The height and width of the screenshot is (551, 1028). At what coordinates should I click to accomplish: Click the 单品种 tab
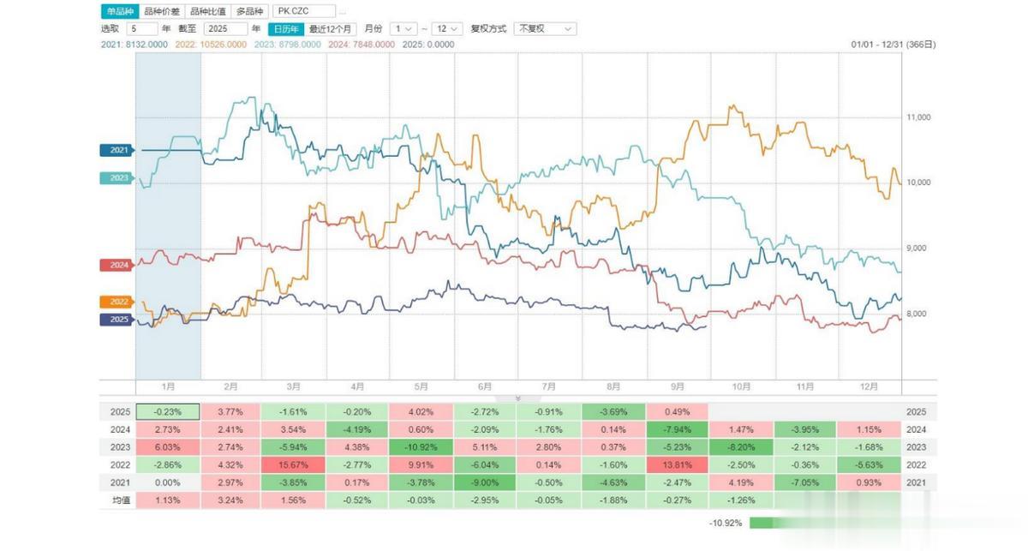119,12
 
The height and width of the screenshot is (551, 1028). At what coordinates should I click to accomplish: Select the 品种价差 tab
162,12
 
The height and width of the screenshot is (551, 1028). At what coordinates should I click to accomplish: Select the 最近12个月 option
332,28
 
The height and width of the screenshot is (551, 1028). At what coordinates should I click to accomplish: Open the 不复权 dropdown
545,28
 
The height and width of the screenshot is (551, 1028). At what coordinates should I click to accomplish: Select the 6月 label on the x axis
485,387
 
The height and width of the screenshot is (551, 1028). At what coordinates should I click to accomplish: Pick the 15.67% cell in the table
293,464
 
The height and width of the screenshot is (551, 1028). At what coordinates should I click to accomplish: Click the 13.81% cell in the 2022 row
678,464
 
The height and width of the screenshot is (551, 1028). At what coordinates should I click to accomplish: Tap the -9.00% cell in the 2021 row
485,482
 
